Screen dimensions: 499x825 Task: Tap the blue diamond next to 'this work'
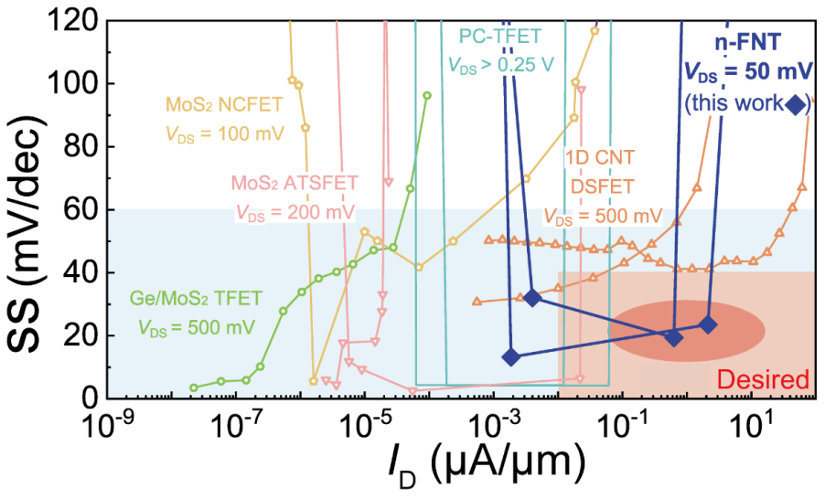coord(796,105)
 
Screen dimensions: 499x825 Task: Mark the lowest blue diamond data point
coord(511,356)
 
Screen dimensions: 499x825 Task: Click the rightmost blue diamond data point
coord(707,324)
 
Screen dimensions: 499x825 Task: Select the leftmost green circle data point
coord(193,388)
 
